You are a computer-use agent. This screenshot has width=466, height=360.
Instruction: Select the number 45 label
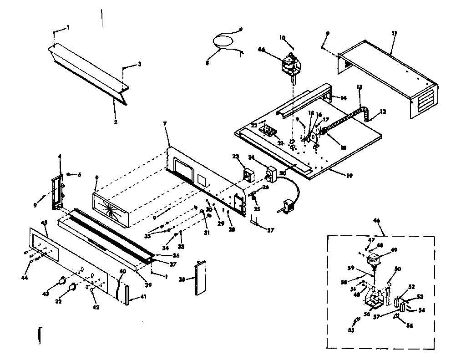point(44,223)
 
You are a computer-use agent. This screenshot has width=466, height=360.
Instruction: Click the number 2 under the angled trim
point(115,122)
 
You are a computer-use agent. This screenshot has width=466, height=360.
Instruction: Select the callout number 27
point(271,230)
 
